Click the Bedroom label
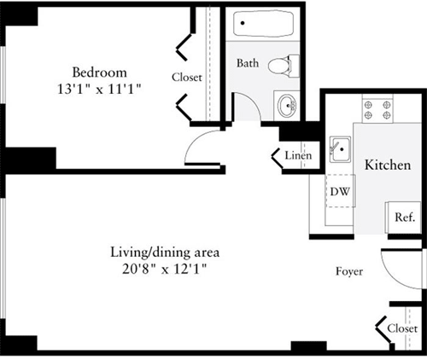(x=99, y=72)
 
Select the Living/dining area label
(x=166, y=253)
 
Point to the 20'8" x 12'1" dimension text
(x=166, y=268)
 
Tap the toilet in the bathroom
(x=283, y=64)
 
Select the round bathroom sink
(x=287, y=106)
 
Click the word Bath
(x=248, y=63)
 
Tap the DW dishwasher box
(x=339, y=191)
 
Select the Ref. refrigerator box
(x=403, y=217)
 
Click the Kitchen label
(x=387, y=164)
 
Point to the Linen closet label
(x=297, y=156)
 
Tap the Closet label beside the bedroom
(x=187, y=77)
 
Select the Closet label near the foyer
(x=402, y=328)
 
